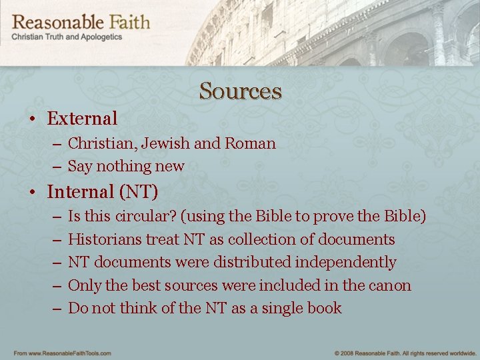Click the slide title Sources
[240, 91]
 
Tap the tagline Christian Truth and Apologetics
[67, 37]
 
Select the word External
[82, 119]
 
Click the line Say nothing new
[126, 166]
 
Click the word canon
[391, 285]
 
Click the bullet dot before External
[32, 119]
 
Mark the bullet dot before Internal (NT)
[32, 193]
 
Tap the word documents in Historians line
[358, 239]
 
